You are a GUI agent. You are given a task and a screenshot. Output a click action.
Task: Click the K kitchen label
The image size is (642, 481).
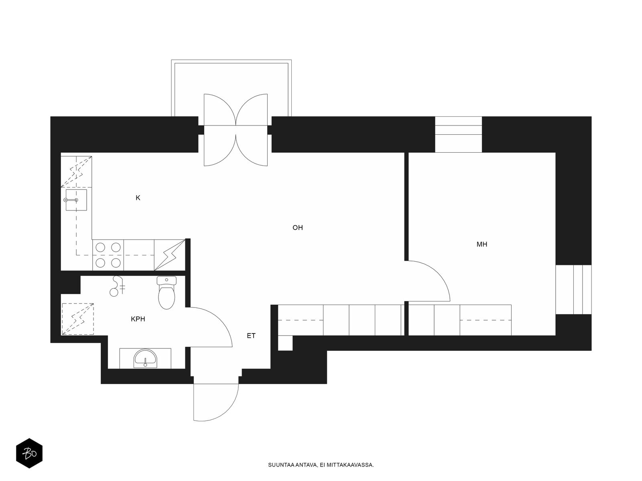coord(138,198)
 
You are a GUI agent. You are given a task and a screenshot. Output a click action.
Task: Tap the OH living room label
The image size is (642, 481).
coord(297,228)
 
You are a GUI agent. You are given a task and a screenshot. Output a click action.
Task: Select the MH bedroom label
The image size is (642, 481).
coord(482,244)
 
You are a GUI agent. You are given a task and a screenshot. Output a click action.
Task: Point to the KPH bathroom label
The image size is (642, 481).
coord(138,319)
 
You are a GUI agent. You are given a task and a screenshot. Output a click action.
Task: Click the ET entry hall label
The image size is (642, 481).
coord(251,335)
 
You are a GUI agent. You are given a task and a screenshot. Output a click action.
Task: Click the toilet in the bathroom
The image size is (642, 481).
coord(167,293)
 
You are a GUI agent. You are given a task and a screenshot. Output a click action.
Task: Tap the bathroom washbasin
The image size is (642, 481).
coord(145,358)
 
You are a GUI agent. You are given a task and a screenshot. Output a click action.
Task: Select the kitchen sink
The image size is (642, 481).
coord(76,200)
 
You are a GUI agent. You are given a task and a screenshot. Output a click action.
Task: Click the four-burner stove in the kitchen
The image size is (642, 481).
coord(108,255)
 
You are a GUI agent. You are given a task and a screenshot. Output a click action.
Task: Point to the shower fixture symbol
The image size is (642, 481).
coord(117,286)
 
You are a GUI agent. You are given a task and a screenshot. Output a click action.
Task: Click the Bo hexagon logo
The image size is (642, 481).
coord(29,453)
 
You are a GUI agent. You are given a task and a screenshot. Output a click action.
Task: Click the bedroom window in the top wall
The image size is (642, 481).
coord(458,134)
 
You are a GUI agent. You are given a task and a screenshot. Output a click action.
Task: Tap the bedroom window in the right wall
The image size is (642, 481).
coord(573,289)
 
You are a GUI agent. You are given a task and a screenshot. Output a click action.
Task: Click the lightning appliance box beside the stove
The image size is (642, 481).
coord(170,255)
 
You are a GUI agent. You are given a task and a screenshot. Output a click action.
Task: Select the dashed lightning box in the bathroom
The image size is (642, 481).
coord(78,319)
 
